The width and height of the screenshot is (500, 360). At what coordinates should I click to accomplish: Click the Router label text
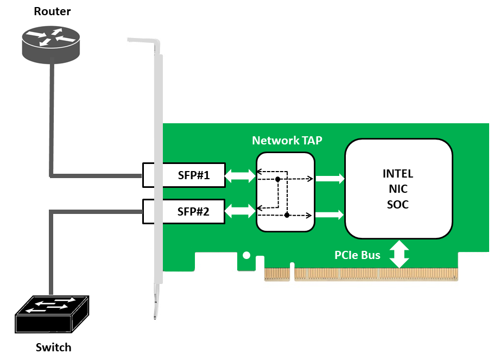coord(52,11)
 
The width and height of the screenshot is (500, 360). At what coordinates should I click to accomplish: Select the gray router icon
coord(50,45)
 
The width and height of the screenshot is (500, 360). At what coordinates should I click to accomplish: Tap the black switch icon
coord(52,314)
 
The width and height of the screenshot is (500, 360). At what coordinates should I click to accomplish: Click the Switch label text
coord(54,348)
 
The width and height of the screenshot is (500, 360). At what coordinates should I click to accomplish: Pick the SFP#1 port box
coord(183,175)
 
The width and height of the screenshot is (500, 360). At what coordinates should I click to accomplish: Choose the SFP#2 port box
coord(183,211)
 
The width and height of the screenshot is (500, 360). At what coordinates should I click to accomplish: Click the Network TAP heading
coord(287,140)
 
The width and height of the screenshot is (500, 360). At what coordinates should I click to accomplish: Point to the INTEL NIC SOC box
coord(398,189)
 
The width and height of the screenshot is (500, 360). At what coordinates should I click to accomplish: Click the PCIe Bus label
coord(357,255)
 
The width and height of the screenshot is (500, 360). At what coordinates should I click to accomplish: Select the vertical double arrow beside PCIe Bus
coord(399,254)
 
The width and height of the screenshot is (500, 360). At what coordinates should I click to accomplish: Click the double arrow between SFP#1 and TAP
coord(240,176)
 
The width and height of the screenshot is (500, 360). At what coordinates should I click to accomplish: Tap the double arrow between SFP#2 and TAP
coord(240,211)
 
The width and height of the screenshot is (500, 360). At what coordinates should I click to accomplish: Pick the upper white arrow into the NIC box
coord(330,178)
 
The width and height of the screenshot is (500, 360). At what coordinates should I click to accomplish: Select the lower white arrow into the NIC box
coord(330,214)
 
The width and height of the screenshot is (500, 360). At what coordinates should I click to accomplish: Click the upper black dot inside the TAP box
coord(278,180)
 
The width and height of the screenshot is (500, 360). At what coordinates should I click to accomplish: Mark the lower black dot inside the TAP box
coord(287,215)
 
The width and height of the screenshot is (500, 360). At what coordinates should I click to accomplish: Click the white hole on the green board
coord(246,255)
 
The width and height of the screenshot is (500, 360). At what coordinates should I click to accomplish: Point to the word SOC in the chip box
coord(398,204)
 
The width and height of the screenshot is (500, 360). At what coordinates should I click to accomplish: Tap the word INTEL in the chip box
coord(398,174)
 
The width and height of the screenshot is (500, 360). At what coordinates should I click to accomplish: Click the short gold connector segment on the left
coord(277,275)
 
